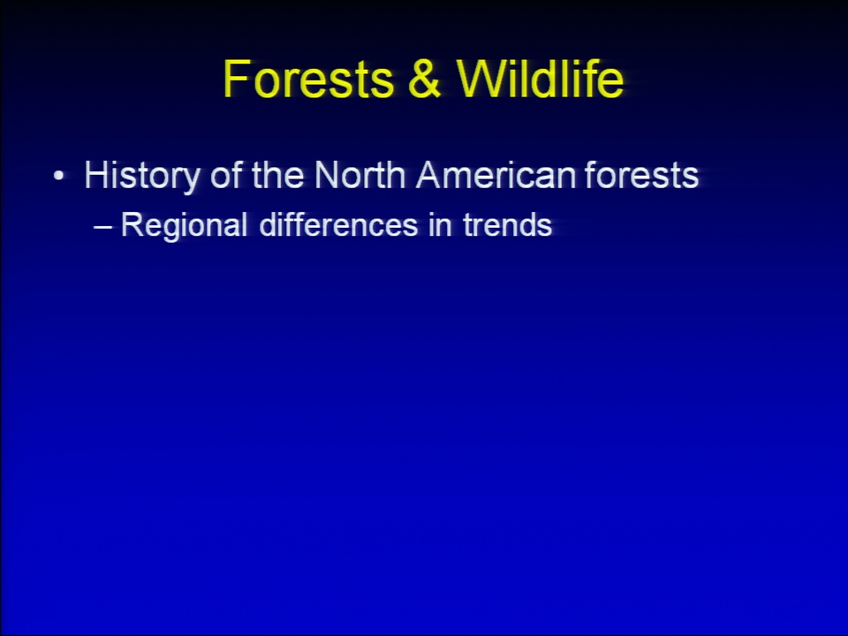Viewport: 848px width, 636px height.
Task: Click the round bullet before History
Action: (x=59, y=176)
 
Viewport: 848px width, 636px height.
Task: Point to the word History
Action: (x=142, y=177)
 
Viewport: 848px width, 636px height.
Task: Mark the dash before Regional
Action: (x=102, y=227)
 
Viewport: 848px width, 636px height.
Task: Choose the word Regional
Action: (x=185, y=226)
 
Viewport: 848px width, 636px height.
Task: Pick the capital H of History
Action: (x=97, y=175)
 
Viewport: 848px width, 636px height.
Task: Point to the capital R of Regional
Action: (x=132, y=223)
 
